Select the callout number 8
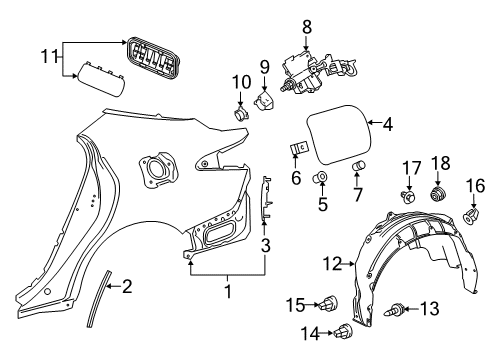tap(307, 25)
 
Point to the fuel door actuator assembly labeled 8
tap(311, 69)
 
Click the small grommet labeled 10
tap(241, 111)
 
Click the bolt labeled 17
tap(406, 195)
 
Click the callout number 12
tap(331, 263)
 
